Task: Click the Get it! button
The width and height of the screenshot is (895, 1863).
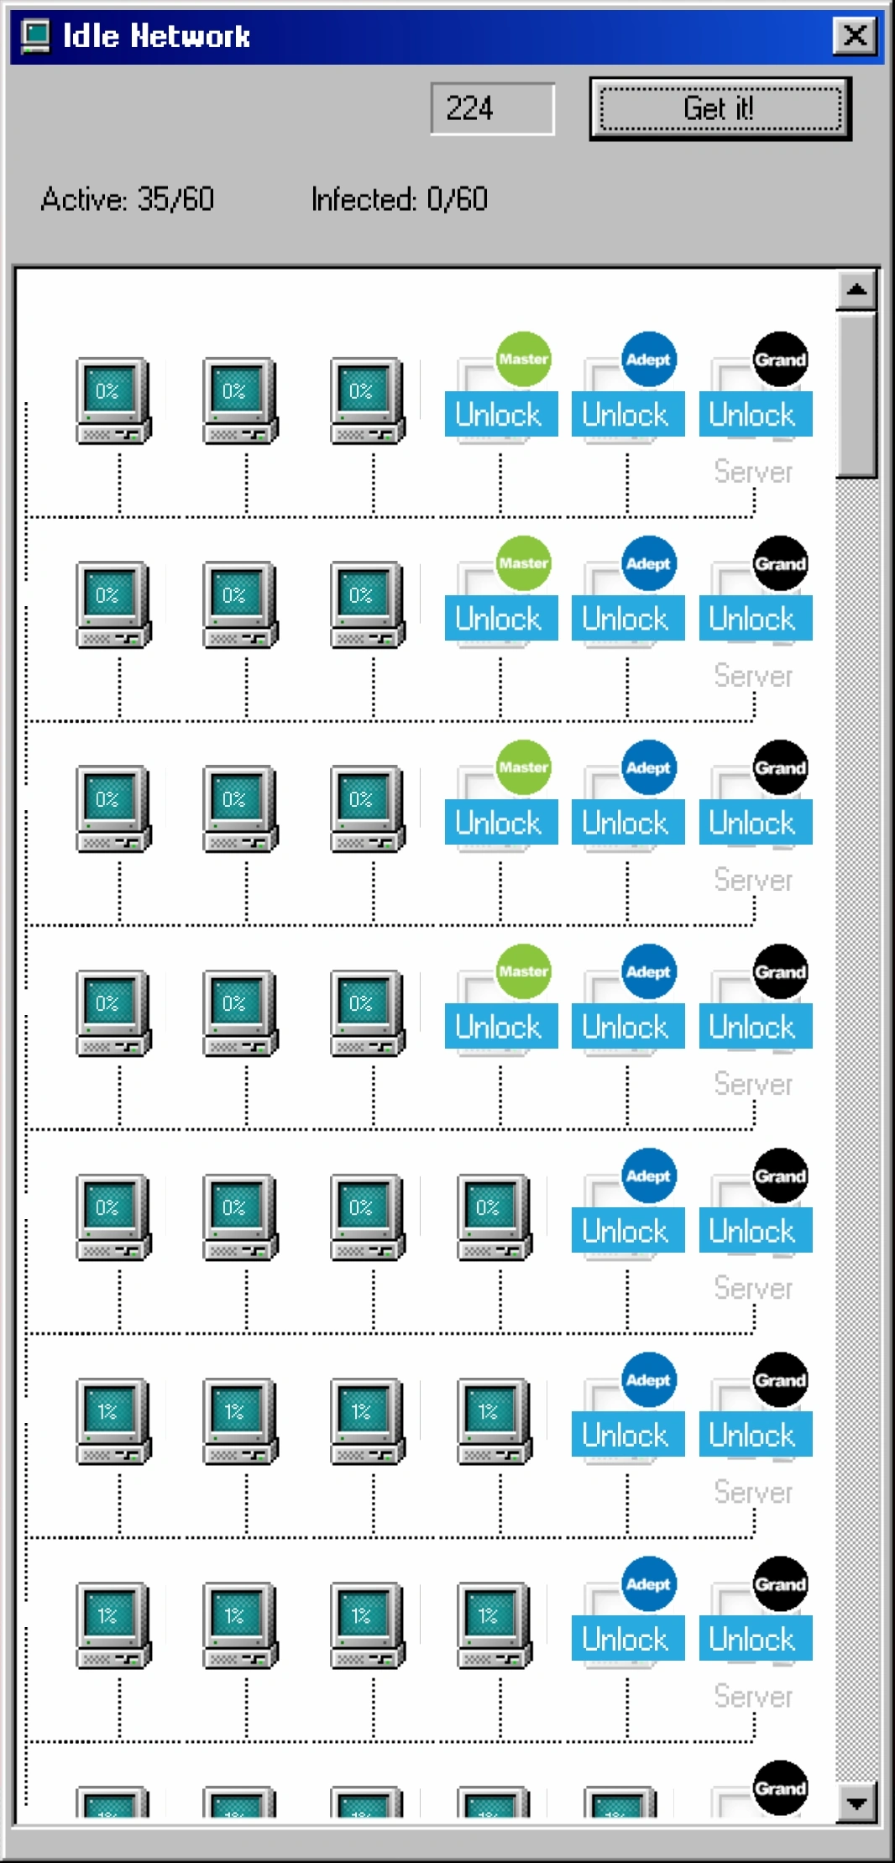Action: click(720, 108)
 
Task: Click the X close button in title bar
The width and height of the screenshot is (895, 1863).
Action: click(855, 35)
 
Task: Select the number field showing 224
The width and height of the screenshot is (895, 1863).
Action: click(492, 108)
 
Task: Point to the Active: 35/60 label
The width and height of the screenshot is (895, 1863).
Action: click(127, 200)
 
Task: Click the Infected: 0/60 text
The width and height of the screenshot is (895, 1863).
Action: click(399, 200)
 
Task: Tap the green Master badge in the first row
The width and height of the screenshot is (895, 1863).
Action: click(523, 359)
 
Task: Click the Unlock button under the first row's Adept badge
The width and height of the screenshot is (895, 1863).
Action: click(627, 415)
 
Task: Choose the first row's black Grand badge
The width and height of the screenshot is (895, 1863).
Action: click(780, 359)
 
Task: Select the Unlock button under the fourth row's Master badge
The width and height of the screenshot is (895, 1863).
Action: click(500, 1027)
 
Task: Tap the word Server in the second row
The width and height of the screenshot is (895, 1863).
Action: click(753, 676)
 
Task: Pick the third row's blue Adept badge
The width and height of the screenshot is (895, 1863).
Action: click(649, 767)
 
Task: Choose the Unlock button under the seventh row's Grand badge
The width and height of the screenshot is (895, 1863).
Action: click(755, 1639)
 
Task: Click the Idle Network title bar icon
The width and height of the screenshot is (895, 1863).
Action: click(35, 35)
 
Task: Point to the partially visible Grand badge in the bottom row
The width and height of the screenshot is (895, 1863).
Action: click(780, 1787)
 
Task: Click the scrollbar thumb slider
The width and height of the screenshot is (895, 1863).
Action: click(856, 395)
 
